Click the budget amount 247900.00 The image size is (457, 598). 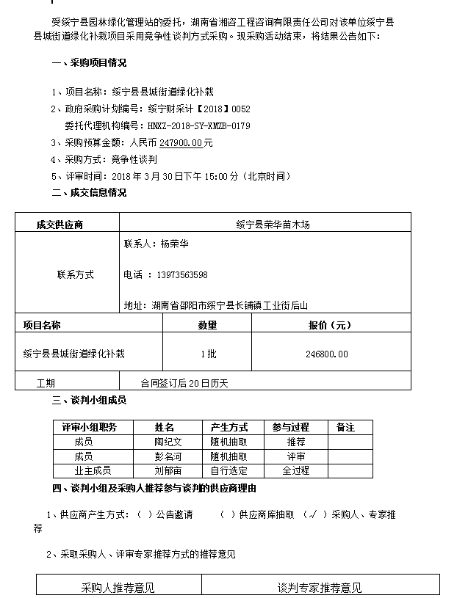181,143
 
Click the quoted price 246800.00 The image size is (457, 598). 326,354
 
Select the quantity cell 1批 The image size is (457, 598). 208,354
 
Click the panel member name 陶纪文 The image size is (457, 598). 168,442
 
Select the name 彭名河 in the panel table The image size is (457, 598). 168,456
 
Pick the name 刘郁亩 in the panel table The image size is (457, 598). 168,470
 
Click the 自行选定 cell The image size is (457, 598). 228,470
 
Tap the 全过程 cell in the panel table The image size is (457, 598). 296,470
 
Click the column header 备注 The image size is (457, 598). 345,427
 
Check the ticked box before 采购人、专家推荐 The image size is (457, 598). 313,515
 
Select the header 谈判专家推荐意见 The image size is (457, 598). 320,588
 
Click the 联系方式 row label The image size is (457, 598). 76,275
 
